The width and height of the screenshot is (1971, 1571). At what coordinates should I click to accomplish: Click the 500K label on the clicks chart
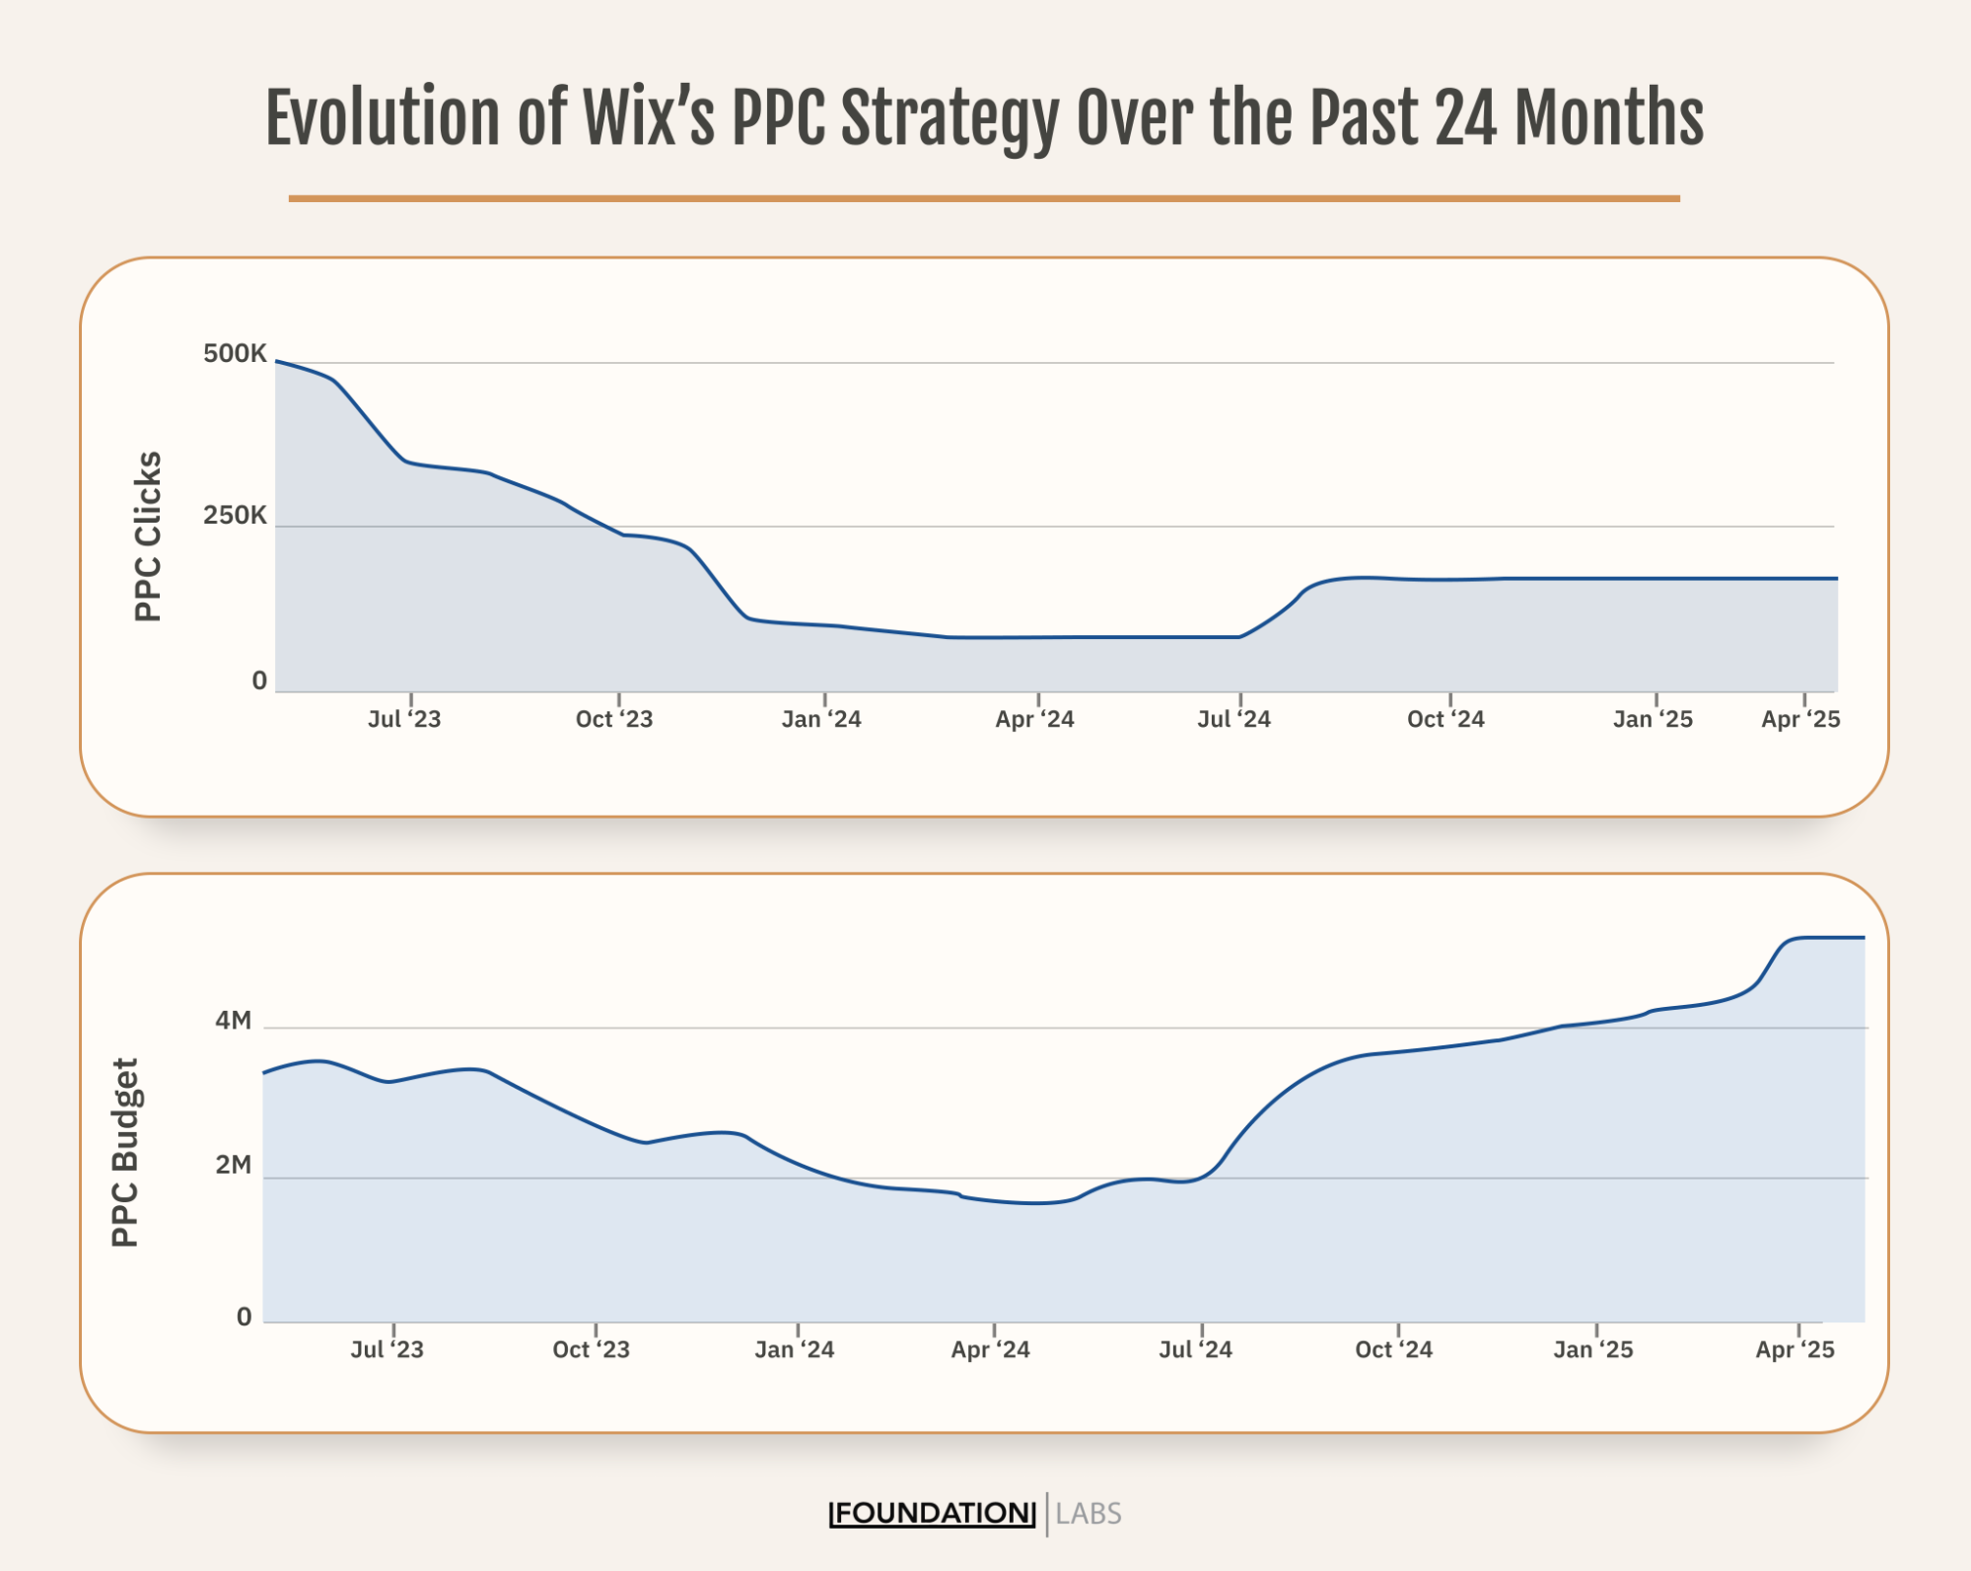[x=235, y=353]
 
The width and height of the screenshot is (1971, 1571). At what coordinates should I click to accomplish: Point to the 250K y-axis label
[x=235, y=515]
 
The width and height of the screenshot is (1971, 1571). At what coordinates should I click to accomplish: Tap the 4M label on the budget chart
[x=234, y=1020]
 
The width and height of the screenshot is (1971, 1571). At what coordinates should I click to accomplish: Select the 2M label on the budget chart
[x=234, y=1165]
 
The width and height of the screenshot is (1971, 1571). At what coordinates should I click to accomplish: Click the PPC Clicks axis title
[x=148, y=536]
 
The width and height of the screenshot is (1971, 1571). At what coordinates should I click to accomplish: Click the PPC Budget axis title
[x=125, y=1153]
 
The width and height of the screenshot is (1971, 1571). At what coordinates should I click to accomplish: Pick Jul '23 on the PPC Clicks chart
[x=404, y=719]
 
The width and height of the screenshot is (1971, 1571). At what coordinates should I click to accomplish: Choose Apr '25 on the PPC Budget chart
[x=1795, y=1349]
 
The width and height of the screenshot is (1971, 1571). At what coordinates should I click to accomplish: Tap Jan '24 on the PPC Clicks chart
[x=821, y=719]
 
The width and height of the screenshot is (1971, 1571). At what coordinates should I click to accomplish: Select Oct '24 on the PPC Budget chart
[x=1393, y=1349]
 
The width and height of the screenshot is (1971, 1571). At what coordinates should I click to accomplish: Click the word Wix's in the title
[x=649, y=118]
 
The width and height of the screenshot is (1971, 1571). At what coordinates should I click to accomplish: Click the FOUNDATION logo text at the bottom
[x=933, y=1513]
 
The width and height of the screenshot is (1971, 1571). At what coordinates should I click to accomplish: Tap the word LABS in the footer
[x=1089, y=1513]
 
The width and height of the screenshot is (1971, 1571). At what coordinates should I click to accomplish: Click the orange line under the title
[x=984, y=198]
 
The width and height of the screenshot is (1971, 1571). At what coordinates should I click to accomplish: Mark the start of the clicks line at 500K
[x=277, y=362]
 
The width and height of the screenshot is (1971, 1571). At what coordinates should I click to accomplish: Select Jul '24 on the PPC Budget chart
[x=1195, y=1349]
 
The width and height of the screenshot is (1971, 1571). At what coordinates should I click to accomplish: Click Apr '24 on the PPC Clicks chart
[x=1034, y=719]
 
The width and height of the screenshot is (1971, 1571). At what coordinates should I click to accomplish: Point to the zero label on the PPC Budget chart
[x=244, y=1317]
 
